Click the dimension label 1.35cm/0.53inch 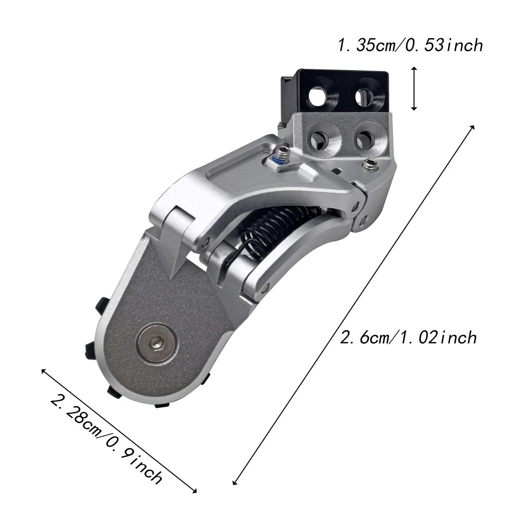click(410, 45)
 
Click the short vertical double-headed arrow click(414, 88)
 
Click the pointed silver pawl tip click(173, 277)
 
